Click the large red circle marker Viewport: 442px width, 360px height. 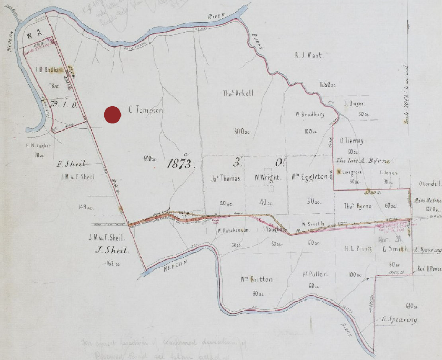(x=112, y=115)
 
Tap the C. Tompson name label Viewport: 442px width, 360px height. (x=146, y=111)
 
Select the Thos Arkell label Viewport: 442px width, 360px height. (x=238, y=93)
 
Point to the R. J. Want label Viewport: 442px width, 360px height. (x=308, y=54)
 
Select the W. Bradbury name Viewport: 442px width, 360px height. (x=309, y=114)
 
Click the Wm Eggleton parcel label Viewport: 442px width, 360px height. (x=309, y=178)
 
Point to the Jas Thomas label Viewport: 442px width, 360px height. (x=224, y=178)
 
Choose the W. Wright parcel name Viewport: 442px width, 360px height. (x=266, y=178)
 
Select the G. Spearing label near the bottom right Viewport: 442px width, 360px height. (x=399, y=319)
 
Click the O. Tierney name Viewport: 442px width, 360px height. (x=352, y=141)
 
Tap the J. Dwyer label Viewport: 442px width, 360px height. (x=354, y=103)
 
